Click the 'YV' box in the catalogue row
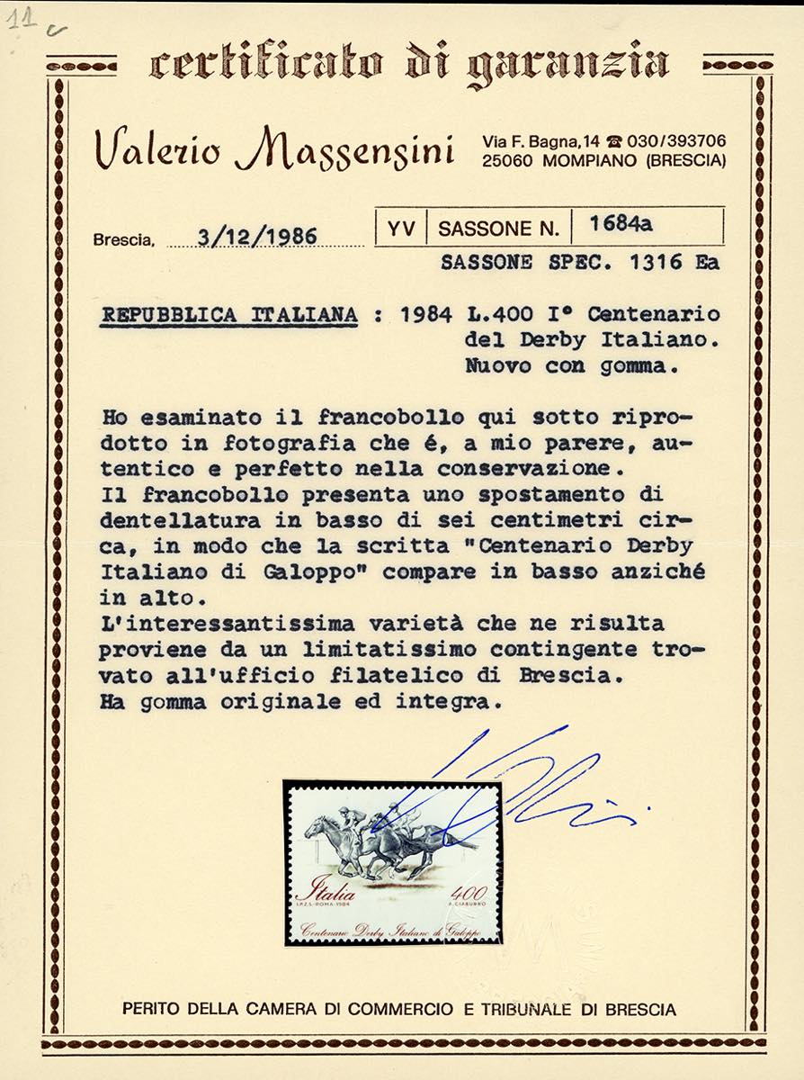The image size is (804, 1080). (x=401, y=229)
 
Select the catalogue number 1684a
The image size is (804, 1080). (x=621, y=227)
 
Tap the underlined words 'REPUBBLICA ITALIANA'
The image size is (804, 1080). (x=228, y=316)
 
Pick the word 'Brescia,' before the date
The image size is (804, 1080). (x=124, y=240)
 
